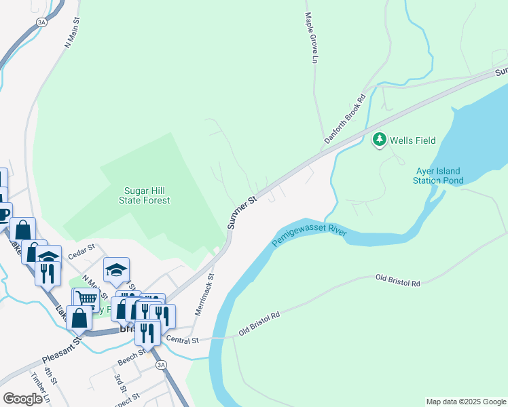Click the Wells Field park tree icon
(379, 140)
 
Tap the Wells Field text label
(412, 140)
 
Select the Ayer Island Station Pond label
(439, 176)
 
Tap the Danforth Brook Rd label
(345, 118)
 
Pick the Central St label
(181, 340)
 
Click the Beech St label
(132, 354)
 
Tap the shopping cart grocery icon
(86, 298)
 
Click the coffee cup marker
(3, 213)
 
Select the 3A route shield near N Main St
(42, 22)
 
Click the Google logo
(22, 399)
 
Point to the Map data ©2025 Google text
(465, 402)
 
